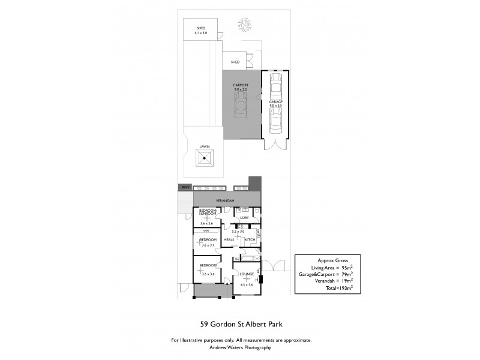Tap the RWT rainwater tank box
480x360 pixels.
[184, 188]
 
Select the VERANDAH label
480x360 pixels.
[225, 200]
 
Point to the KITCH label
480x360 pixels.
[250, 240]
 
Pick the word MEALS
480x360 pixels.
[229, 240]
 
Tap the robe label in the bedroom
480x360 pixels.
[205, 230]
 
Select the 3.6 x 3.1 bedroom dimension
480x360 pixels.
[207, 245]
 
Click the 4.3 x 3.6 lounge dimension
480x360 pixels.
[247, 285]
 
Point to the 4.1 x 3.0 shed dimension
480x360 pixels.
[200, 33]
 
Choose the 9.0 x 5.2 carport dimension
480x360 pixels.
[240, 89]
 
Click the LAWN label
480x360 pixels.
[205, 146]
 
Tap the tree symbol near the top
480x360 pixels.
[245, 23]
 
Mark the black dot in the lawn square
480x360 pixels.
[205, 159]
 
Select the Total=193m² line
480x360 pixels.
[326, 287]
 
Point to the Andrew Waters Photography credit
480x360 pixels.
[240, 347]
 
